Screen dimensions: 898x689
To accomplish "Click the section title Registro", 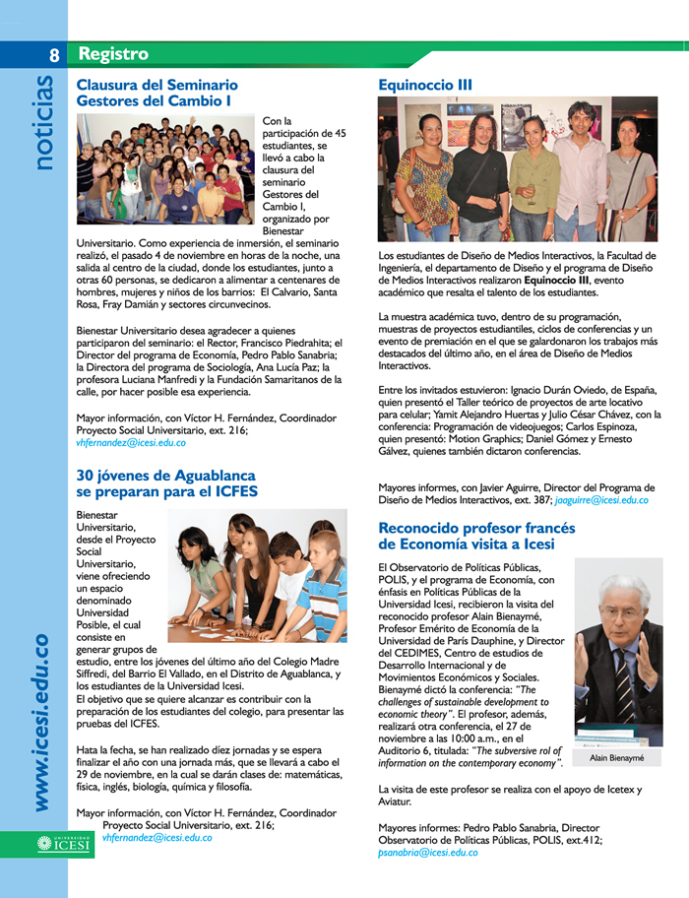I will [113, 53].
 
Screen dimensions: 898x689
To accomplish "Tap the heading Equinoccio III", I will [425, 86].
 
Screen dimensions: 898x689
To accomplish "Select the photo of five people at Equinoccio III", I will [518, 169].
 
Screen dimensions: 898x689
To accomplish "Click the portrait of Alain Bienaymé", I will [618, 652].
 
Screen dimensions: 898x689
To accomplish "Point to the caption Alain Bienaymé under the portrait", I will [618, 760].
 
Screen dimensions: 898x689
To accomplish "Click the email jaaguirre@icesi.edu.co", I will [601, 500].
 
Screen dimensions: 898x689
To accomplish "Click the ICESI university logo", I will [63, 843].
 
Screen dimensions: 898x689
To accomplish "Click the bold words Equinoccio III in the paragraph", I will [557, 281].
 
